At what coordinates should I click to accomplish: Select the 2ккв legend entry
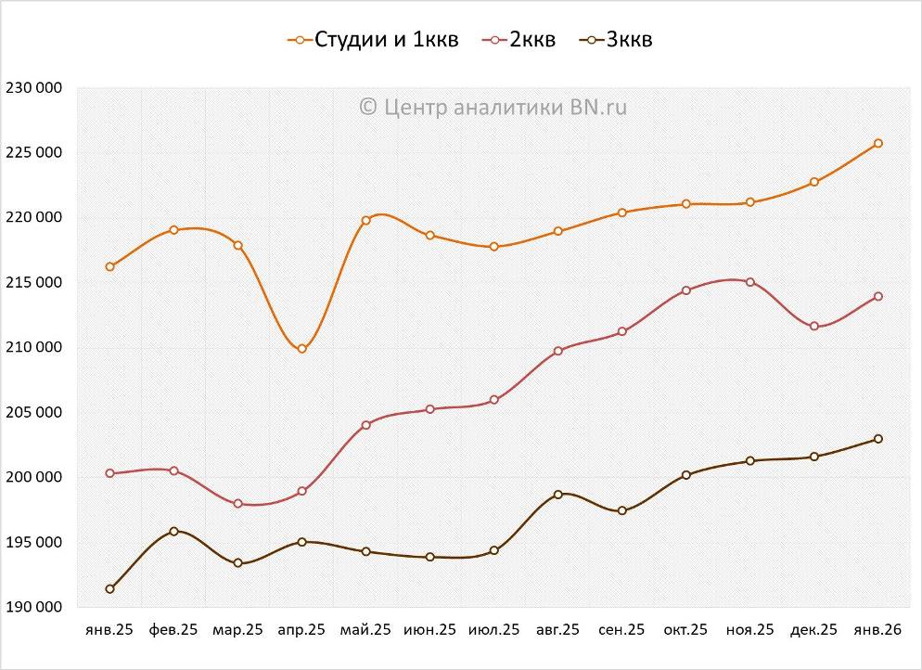[x=520, y=40]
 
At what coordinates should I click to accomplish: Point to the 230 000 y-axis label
[x=33, y=88]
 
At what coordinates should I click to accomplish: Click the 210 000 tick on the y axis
[x=33, y=348]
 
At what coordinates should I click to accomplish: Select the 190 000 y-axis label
[x=33, y=608]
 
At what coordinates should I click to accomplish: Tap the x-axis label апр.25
[x=301, y=630]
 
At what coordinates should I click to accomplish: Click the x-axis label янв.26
[x=877, y=630]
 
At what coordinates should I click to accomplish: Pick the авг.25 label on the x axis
[x=557, y=630]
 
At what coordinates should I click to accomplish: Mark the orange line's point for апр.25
[x=301, y=349]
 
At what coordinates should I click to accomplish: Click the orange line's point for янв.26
[x=877, y=143]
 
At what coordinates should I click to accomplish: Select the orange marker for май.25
[x=365, y=220]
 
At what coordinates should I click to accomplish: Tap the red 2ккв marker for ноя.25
[x=749, y=282]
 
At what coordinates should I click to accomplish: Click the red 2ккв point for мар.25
[x=237, y=504]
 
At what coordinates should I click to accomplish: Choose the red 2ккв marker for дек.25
[x=813, y=327]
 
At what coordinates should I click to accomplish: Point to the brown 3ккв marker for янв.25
[x=109, y=589]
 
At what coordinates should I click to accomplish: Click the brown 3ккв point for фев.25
[x=173, y=532]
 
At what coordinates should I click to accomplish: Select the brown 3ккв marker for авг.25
[x=557, y=495]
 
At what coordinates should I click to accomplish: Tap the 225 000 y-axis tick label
[x=33, y=153]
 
